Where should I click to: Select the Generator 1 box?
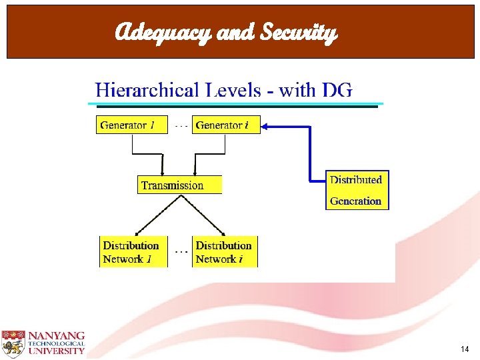pyautogui.click(x=131, y=125)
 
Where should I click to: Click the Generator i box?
pyautogui.click(x=226, y=125)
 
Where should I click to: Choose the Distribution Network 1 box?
pyautogui.click(x=131, y=252)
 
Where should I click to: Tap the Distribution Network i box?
pyautogui.click(x=225, y=252)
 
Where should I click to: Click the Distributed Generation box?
pyautogui.click(x=357, y=190)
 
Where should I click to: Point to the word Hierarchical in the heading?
pyautogui.click(x=147, y=91)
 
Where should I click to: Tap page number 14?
pyautogui.click(x=465, y=349)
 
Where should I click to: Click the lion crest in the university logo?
pyautogui.click(x=12, y=342)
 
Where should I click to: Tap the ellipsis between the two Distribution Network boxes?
pyautogui.click(x=180, y=252)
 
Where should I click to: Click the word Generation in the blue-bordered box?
pyautogui.click(x=355, y=201)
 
